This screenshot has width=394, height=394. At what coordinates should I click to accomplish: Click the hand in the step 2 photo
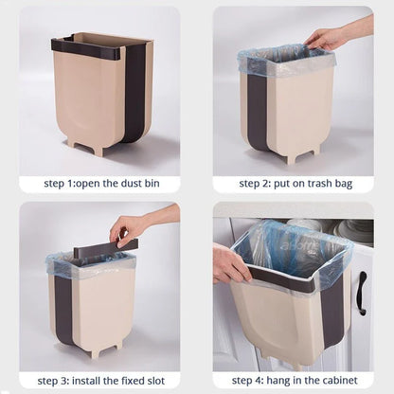pyautogui.click(x=328, y=38)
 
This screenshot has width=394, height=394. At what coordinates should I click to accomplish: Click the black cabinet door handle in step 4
pyautogui.click(x=361, y=293)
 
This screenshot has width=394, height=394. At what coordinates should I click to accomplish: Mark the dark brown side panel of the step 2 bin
pyautogui.click(x=257, y=109)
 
